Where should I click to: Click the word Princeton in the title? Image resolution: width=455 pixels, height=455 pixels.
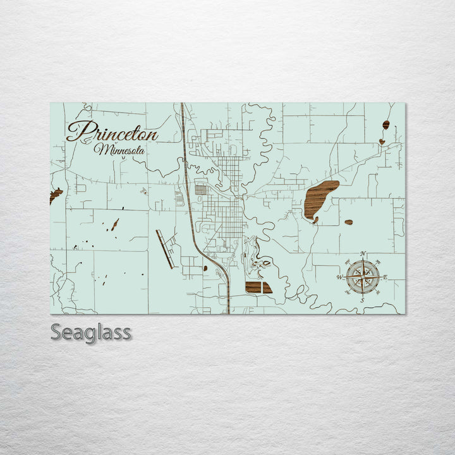[112, 131]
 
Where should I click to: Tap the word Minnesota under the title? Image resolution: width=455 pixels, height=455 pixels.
[119, 150]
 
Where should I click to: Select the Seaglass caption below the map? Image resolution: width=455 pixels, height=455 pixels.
[90, 332]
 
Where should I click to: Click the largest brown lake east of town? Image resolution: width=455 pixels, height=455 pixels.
[320, 197]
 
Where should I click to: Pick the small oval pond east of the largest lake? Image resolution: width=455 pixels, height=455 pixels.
[348, 222]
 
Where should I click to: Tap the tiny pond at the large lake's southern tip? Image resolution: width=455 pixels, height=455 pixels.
[315, 220]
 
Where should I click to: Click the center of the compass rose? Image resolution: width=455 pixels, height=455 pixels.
[363, 276]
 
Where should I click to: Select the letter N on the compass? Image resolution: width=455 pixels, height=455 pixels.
[363, 254]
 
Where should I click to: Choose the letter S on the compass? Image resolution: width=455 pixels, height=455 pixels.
[362, 300]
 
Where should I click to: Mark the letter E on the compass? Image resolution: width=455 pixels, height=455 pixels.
[385, 277]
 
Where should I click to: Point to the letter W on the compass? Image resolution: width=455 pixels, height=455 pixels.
[340, 277]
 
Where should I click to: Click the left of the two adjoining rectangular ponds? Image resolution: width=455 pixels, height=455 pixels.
[253, 288]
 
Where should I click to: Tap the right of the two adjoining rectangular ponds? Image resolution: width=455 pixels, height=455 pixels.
[266, 288]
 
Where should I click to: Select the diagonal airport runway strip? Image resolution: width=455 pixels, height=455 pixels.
[164, 248]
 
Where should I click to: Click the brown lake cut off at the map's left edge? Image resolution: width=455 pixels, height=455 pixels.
[56, 195]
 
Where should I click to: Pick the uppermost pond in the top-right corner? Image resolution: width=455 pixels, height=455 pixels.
[385, 124]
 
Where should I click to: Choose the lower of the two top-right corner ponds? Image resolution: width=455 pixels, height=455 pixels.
[382, 142]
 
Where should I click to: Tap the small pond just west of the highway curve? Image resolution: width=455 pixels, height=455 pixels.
[205, 268]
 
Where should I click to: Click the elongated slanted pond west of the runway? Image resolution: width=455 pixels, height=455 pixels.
[115, 224]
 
